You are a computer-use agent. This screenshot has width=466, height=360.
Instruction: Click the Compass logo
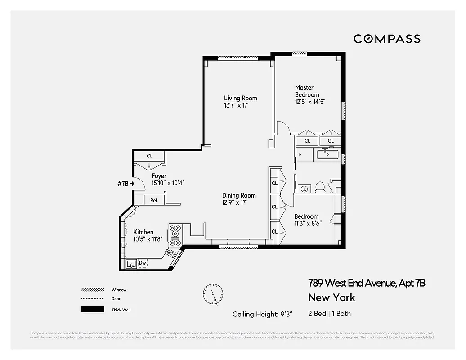387,39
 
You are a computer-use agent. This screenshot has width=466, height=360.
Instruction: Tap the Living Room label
241,98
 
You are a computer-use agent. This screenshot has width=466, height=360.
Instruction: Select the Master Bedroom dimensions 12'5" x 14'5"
310,102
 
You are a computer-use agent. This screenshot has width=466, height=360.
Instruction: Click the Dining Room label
239,195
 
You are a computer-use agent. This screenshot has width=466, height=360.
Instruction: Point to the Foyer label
159,176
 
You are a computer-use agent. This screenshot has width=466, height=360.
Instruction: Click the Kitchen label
143,232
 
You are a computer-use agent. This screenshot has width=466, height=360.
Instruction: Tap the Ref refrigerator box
154,200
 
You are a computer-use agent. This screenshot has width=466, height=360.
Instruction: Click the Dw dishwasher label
142,263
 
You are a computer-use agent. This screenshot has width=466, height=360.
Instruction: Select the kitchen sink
131,264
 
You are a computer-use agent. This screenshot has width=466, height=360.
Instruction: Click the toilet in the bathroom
320,187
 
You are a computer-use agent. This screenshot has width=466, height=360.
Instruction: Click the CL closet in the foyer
150,156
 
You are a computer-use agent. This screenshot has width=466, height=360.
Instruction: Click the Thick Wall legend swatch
92,310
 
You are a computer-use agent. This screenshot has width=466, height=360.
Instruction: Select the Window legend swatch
92,290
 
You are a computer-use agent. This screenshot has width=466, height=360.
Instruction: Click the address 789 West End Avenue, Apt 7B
367,283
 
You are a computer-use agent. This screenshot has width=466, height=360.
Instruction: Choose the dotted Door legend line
92,299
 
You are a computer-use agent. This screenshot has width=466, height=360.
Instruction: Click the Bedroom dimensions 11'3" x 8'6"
306,224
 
